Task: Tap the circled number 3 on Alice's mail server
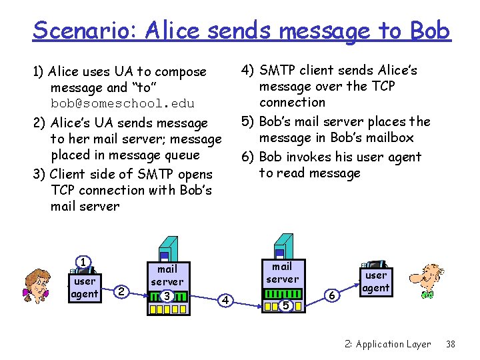(x=167, y=296)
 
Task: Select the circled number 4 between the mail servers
(x=226, y=301)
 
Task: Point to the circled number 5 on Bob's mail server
(x=285, y=305)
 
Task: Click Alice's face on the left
(x=39, y=285)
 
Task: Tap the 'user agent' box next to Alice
(x=85, y=287)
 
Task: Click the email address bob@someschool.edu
(x=123, y=103)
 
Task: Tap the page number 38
(x=451, y=344)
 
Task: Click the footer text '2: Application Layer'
(x=387, y=344)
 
